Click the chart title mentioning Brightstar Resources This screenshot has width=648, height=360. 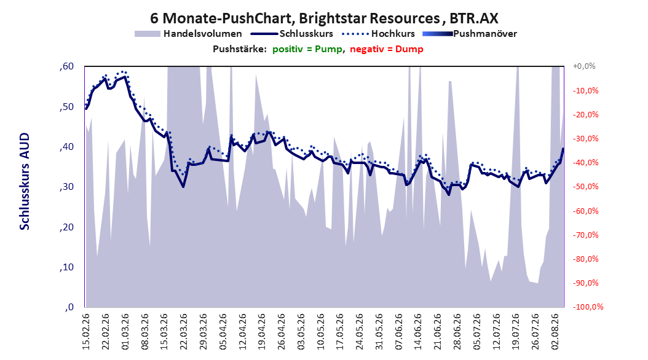coord(324,18)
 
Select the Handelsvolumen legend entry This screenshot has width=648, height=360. coord(188,34)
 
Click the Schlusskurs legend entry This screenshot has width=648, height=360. coord(292,34)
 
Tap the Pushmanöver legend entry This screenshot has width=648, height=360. coord(470,34)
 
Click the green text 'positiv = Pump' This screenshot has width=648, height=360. coord(307,49)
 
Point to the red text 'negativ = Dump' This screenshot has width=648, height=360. coord(387,49)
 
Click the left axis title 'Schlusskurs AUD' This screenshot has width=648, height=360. coord(25,181)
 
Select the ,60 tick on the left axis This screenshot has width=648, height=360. coord(66,66)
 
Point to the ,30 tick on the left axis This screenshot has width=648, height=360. coord(66,187)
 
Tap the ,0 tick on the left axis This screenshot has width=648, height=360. coord(69,307)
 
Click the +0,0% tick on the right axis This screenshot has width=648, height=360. coord(584,66)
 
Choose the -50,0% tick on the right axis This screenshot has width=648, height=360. coord(585,187)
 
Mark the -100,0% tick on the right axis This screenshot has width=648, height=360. coord(588,307)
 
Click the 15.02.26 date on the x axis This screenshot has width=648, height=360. coord(86,332)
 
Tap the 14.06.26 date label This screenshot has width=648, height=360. coord(418,332)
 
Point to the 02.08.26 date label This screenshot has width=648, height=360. coord(555,332)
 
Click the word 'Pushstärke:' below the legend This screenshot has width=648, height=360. coord(239,49)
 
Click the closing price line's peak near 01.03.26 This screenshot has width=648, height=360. coord(125,76)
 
